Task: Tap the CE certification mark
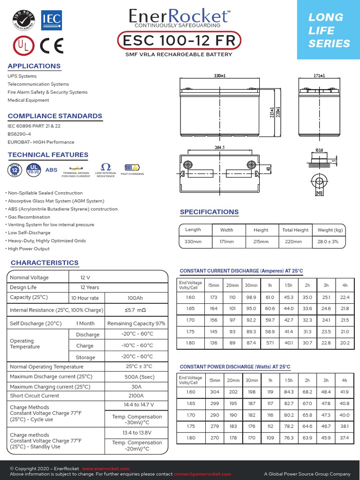[x=52, y=45]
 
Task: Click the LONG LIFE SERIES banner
[x=329, y=30]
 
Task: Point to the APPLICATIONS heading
[x=34, y=66]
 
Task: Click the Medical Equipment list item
[x=28, y=100]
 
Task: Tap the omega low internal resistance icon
[x=105, y=167]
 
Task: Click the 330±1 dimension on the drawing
[x=220, y=75]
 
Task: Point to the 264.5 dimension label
[x=220, y=147]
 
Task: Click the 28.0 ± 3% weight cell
[x=331, y=241]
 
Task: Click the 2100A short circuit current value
[x=136, y=396]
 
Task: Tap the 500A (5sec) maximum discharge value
[x=136, y=377]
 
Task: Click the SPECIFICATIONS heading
[x=209, y=212]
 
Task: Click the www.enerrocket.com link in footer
[x=105, y=469]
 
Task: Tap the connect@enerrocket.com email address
[x=202, y=474]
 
